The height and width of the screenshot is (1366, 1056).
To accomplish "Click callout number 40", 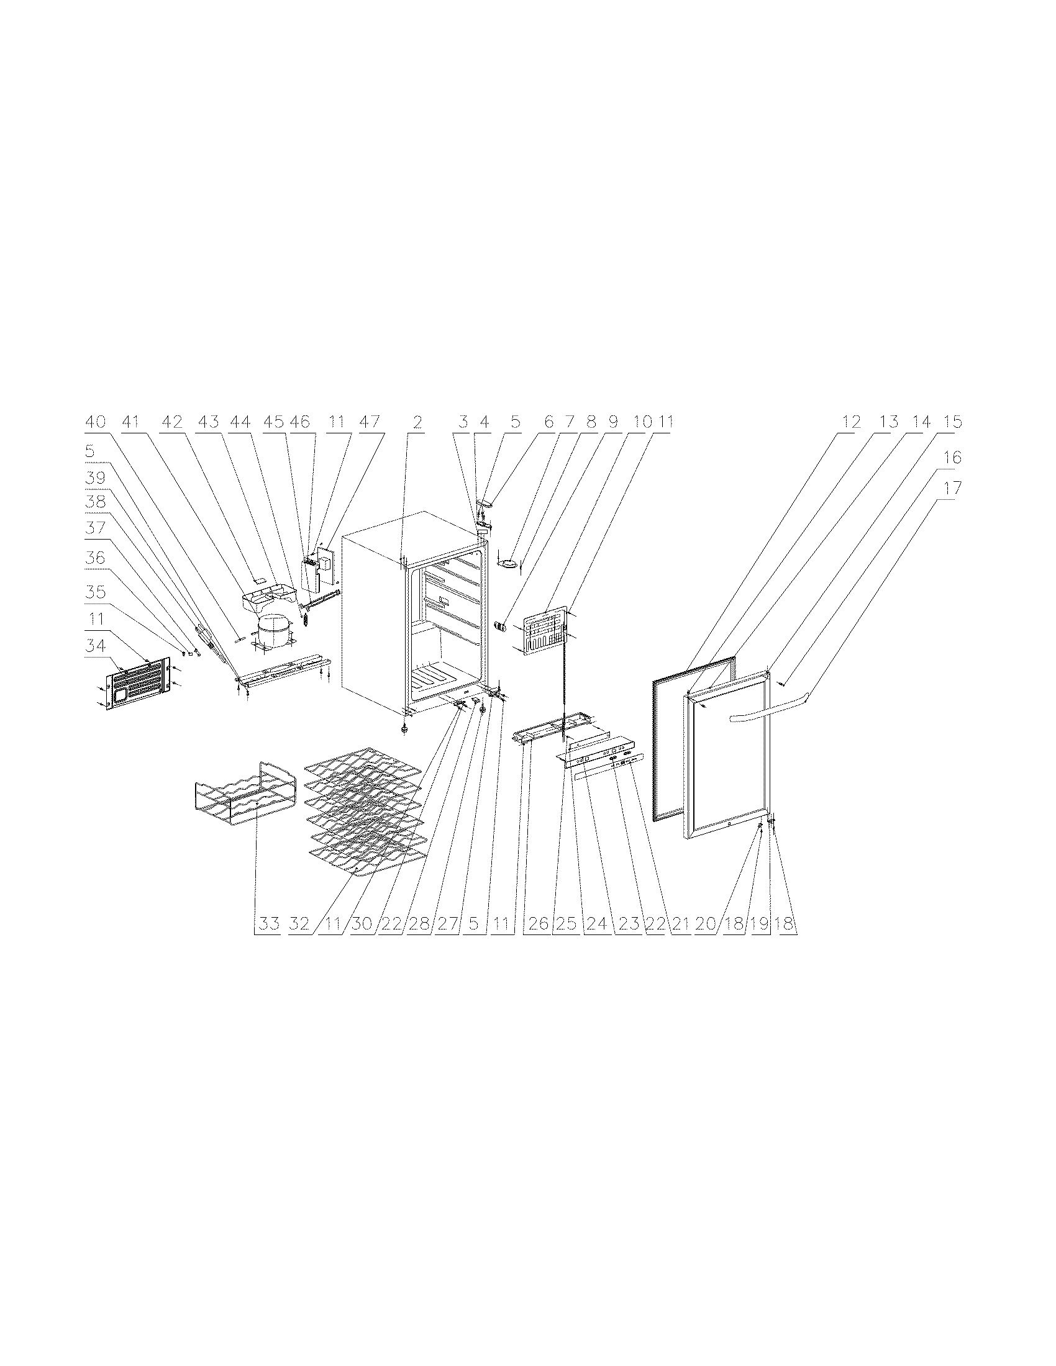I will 96,422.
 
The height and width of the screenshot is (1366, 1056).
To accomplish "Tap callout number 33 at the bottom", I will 268,924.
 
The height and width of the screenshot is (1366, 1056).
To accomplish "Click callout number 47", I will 370,422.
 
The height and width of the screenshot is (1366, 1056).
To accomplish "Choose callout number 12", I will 852,422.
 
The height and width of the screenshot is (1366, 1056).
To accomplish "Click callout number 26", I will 539,924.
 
